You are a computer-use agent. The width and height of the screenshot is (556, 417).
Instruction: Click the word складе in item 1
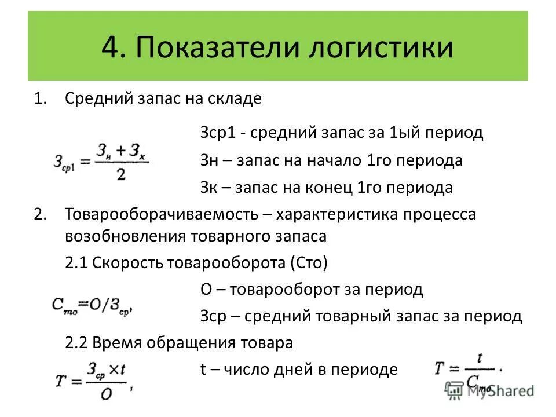(x=237, y=98)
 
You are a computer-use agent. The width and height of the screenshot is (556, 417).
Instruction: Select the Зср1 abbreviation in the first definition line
(x=217, y=133)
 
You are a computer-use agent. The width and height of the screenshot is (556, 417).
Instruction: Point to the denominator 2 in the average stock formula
(x=120, y=175)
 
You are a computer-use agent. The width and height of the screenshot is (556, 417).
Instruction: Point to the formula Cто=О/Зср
(x=93, y=305)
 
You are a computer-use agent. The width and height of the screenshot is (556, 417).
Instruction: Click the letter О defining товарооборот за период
(x=206, y=289)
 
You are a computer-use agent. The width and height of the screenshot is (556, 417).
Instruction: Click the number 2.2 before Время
(x=76, y=343)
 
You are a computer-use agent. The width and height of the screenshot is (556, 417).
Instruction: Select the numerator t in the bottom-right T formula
(x=480, y=358)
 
